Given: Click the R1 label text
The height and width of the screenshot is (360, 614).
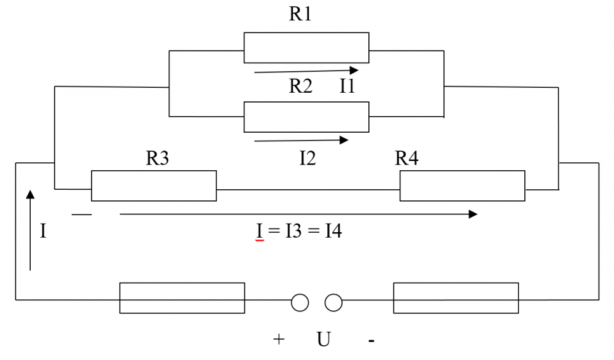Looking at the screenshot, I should coord(300,14).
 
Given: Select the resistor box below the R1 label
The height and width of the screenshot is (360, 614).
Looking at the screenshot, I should coord(306,48).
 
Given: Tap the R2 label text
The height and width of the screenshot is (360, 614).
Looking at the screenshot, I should coord(300,86).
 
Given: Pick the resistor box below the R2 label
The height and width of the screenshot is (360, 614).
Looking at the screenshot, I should coord(306,117).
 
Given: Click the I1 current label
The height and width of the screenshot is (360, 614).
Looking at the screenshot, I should coord(348,86).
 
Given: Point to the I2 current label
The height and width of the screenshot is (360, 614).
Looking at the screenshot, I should coord(308,158).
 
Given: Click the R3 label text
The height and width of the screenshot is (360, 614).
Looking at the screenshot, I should coord(157,158).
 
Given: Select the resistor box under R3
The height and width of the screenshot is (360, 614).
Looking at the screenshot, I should coord(153,186).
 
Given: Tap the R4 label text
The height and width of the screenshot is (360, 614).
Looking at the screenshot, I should coord(406,158).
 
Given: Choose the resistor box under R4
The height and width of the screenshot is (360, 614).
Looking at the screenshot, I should coord(462,186).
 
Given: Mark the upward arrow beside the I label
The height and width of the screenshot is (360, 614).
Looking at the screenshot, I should coord(30,230).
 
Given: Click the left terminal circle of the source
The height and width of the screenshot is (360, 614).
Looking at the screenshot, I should coord(300,302).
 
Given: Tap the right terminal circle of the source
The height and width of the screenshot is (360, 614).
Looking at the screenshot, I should coord(333,302).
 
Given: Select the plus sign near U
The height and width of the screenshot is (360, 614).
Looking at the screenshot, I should coord(279,339).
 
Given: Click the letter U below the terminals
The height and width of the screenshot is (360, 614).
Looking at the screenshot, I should coord(324,339).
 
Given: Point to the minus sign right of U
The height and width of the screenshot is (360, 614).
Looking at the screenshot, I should coord(371,340).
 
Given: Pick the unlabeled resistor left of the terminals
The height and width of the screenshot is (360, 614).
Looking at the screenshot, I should coord(182,298).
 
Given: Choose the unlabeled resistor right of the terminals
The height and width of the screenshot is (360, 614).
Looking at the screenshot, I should coord(456,298).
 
